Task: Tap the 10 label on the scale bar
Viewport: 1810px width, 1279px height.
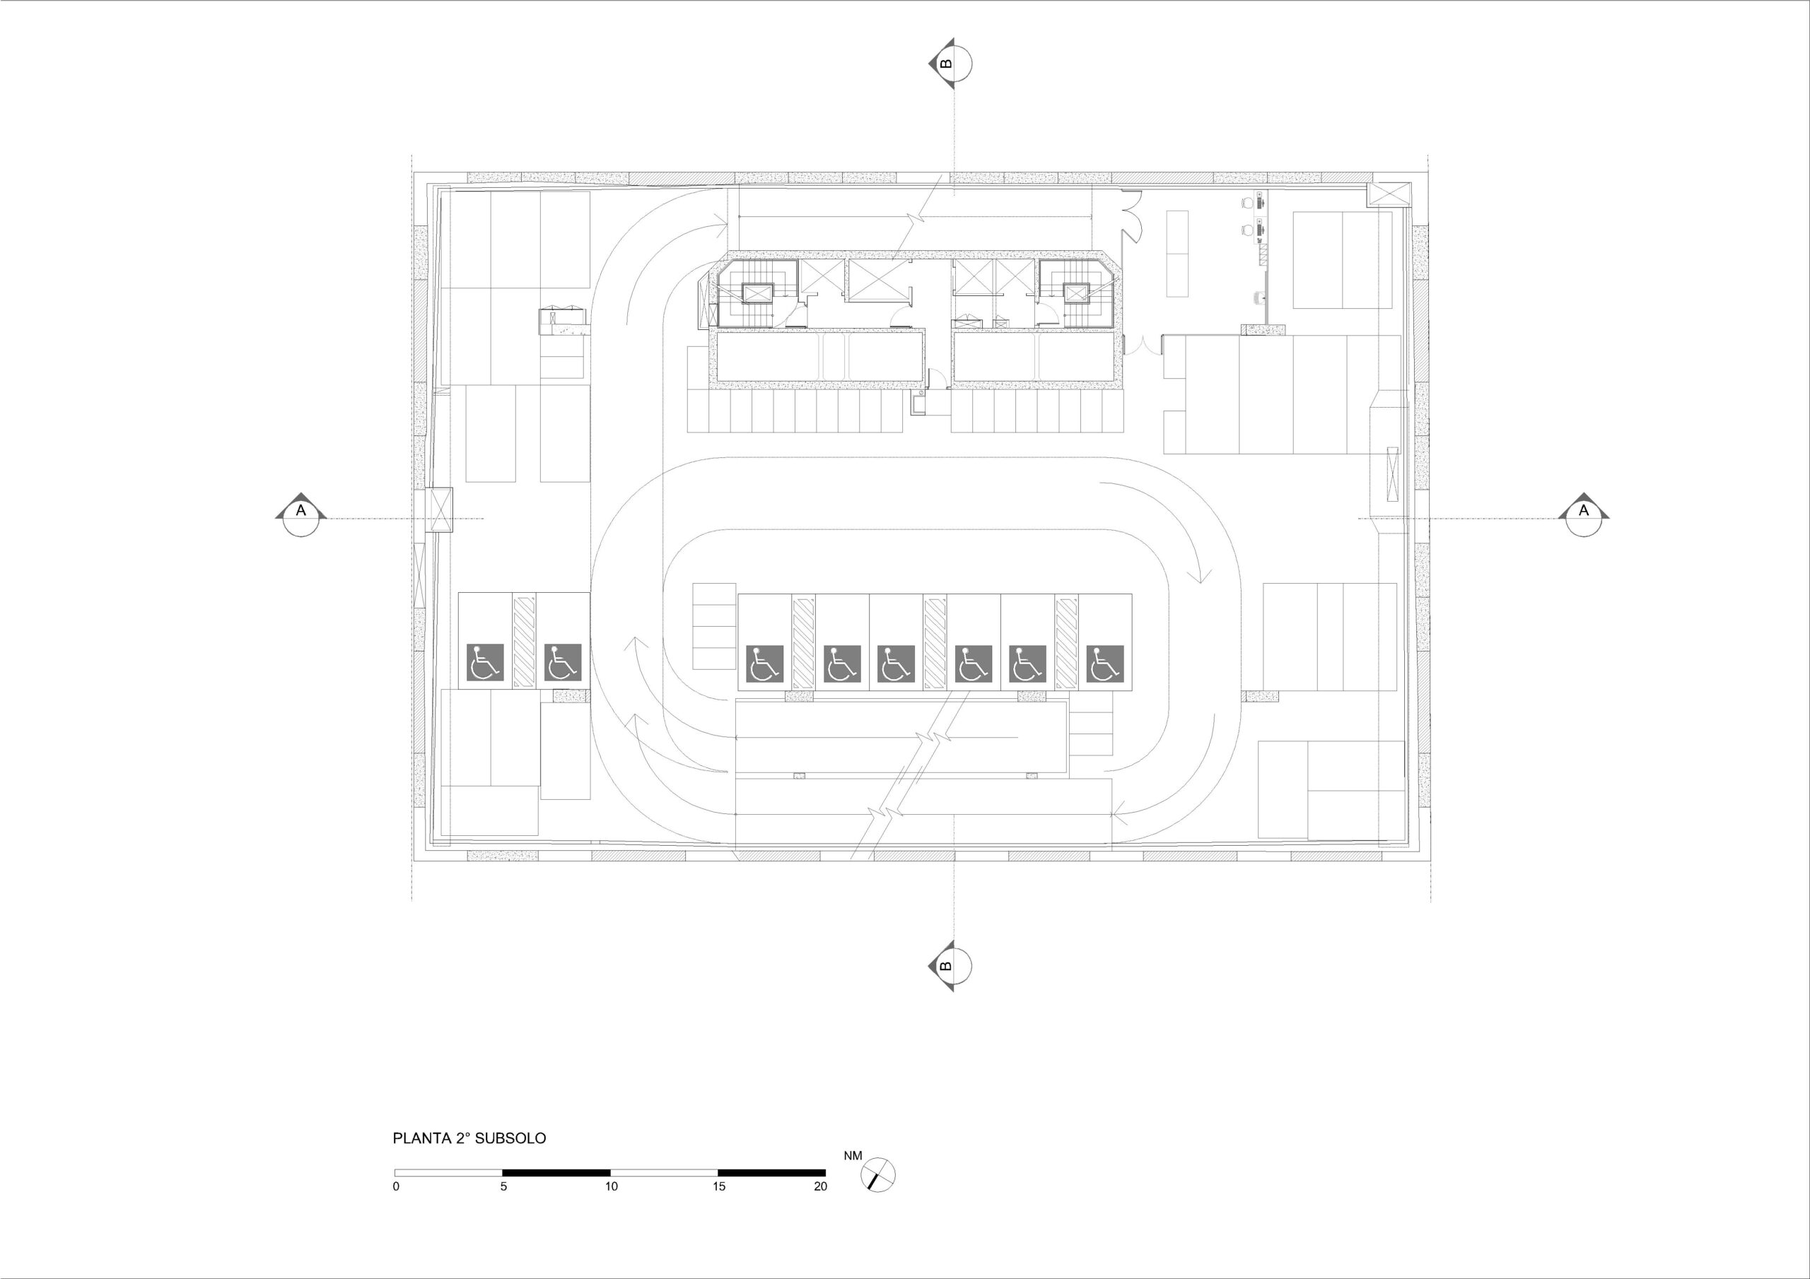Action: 612,1186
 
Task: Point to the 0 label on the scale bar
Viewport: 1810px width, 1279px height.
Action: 396,1186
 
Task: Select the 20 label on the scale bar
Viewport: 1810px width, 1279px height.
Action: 821,1186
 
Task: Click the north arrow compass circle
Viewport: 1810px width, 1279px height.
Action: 878,1175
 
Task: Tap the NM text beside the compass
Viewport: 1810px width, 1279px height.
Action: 853,1156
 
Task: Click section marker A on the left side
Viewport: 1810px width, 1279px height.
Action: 300,515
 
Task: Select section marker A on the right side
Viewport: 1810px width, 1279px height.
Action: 1584,515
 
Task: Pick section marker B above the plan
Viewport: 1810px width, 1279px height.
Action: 950,63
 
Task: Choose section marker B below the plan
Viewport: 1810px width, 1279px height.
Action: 950,966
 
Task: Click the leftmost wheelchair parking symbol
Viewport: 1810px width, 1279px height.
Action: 486,663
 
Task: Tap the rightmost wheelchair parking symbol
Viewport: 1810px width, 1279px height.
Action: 1104,664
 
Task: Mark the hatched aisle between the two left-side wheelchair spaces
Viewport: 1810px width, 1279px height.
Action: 524,641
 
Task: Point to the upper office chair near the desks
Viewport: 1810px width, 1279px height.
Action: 1246,203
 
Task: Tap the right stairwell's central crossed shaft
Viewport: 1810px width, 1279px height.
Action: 1075,293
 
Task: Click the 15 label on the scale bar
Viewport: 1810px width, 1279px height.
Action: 719,1186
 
